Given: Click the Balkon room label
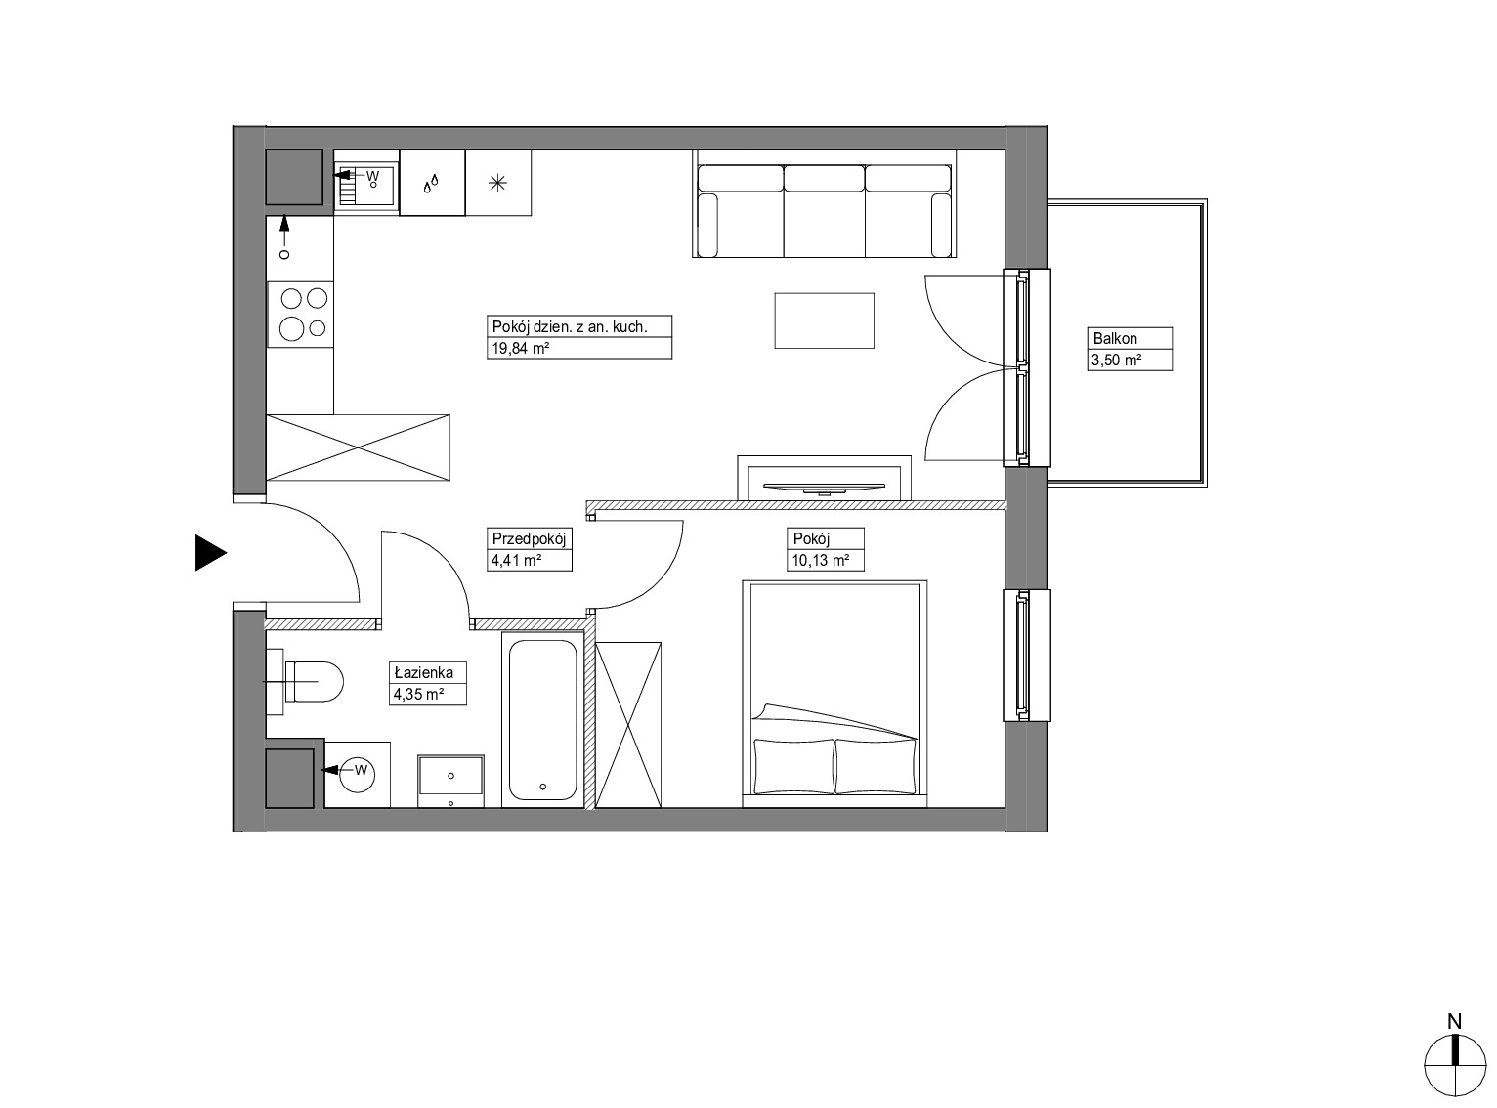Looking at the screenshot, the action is [x=1115, y=338].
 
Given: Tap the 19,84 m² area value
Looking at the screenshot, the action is [x=520, y=349].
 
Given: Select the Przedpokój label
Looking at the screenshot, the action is [x=529, y=538].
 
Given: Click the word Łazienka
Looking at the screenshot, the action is [x=424, y=672].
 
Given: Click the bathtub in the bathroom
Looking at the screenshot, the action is [x=542, y=720].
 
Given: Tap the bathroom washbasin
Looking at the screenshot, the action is [x=450, y=781].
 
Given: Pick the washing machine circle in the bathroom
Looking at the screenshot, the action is [x=358, y=773].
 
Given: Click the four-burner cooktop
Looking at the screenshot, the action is [x=300, y=314].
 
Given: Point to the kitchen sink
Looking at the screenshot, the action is [x=365, y=184].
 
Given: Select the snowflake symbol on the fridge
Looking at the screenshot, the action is [x=497, y=183].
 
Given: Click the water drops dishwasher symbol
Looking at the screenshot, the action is [x=431, y=184].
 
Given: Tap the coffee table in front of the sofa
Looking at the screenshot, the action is [x=824, y=320].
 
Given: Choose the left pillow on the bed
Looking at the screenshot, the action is [x=794, y=766].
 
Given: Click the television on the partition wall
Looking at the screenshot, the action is [x=824, y=487].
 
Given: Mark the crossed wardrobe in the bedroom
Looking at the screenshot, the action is [x=628, y=724].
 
